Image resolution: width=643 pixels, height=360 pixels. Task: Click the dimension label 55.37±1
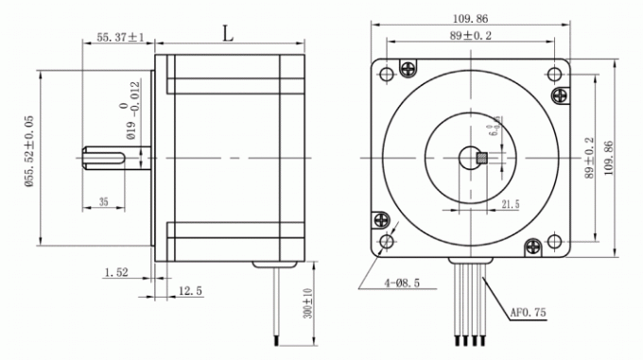click(x=119, y=38)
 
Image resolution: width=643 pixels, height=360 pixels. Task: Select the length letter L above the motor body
click(x=228, y=34)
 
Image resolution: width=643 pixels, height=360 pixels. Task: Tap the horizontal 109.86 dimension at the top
click(x=475, y=18)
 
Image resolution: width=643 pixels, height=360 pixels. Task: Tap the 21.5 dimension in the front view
click(x=510, y=203)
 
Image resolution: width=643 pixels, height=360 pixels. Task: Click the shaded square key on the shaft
click(x=480, y=158)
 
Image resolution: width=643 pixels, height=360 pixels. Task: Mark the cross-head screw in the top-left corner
click(x=408, y=69)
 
